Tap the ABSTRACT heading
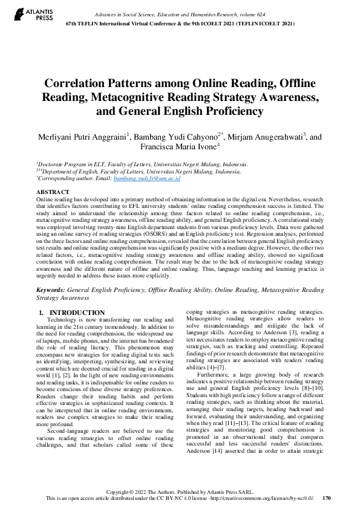pos(53,191)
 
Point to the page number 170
pos(327,498)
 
